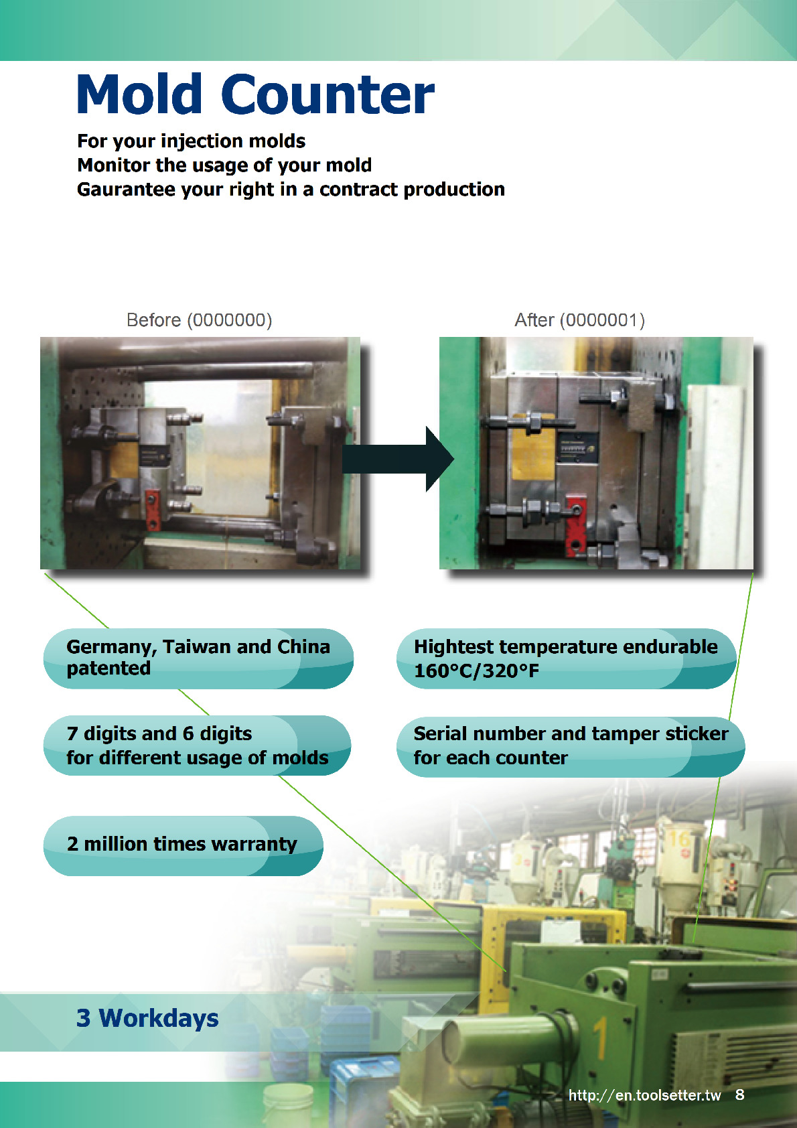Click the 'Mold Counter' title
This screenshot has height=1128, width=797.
[x=255, y=94]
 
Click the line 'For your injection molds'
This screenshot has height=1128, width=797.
[x=191, y=141]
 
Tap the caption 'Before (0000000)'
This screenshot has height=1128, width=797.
[x=199, y=320]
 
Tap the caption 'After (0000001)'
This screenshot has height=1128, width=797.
[x=579, y=320]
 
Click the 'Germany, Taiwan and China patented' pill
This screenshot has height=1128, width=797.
[x=198, y=658]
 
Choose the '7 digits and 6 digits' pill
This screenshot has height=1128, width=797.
[x=196, y=745]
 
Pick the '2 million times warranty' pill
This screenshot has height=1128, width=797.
[x=182, y=845]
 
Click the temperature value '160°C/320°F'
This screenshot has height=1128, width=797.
[x=476, y=671]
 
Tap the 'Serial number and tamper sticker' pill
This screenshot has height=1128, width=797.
[x=570, y=746]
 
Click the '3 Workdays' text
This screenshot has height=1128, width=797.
[x=147, y=1018]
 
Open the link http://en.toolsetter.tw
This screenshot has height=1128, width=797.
[x=644, y=1095]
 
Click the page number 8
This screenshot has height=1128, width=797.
[x=739, y=1095]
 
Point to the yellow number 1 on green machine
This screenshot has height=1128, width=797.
[x=599, y=1039]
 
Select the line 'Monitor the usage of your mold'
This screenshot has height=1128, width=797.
[x=224, y=165]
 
